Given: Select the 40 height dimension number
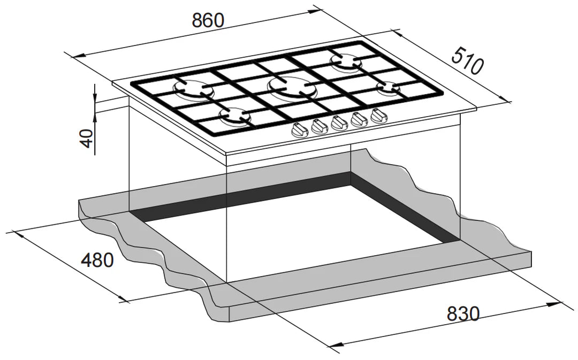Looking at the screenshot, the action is [x=87, y=138].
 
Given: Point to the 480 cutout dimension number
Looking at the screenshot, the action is [x=97, y=260].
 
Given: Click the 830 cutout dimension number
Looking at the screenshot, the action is [x=463, y=313].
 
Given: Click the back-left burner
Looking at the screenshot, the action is [x=192, y=89].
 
